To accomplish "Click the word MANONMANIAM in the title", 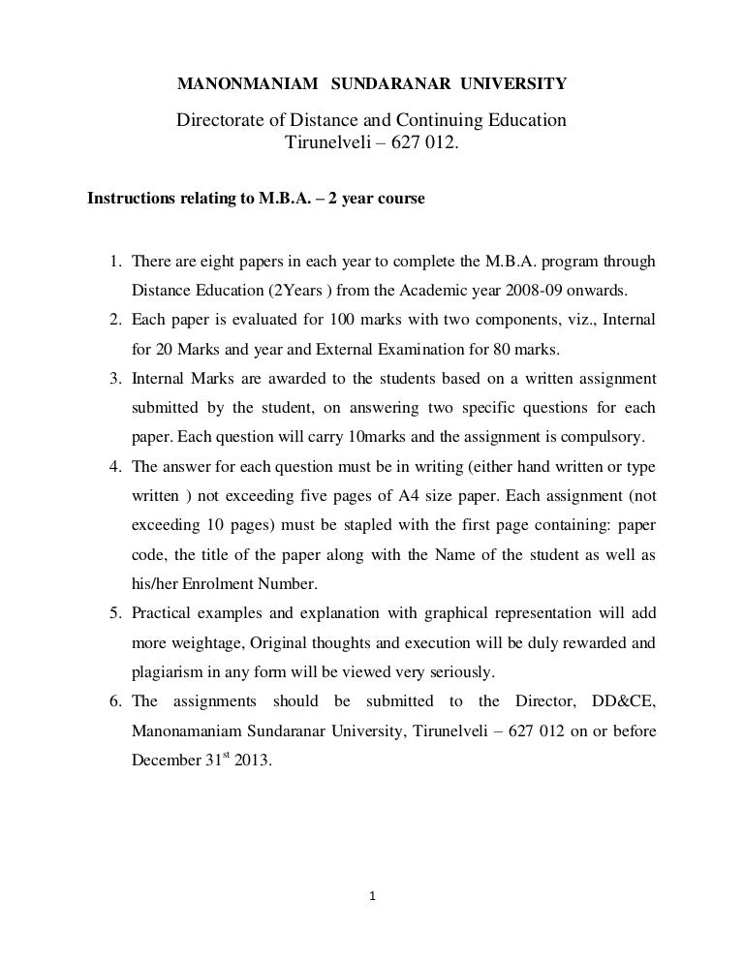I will [247, 85].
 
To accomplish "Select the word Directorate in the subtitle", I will [221, 122].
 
